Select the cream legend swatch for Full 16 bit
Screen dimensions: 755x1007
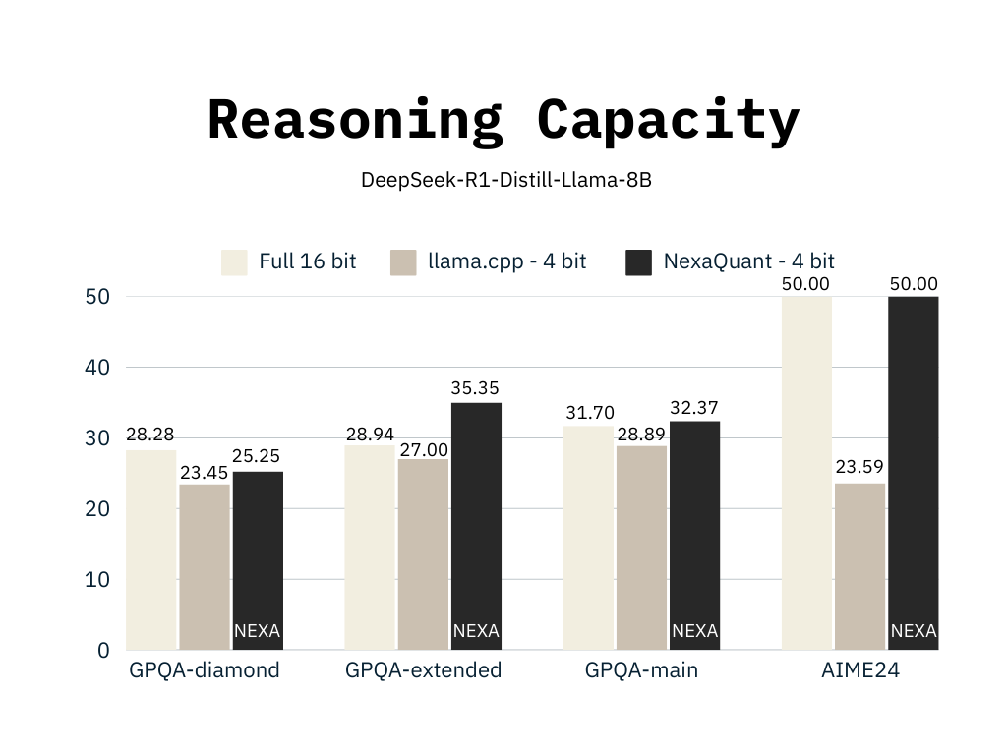coord(234,262)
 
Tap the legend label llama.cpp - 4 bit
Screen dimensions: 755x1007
coord(506,261)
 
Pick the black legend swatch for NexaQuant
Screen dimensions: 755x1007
coord(639,262)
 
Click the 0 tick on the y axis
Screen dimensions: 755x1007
coord(103,650)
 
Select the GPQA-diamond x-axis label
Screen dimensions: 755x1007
coord(205,670)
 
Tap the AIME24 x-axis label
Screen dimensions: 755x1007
coord(859,670)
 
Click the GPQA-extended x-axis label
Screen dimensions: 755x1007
coord(423,670)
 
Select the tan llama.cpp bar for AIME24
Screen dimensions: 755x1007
coord(859,565)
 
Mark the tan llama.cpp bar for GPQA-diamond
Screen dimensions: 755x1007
coord(205,566)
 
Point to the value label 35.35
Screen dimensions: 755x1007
coord(476,388)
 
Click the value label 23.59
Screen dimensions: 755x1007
coord(859,468)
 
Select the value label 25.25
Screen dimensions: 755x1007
coord(257,457)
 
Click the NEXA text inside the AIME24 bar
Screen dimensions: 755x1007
coord(914,631)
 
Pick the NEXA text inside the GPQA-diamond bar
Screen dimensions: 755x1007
coord(257,631)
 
